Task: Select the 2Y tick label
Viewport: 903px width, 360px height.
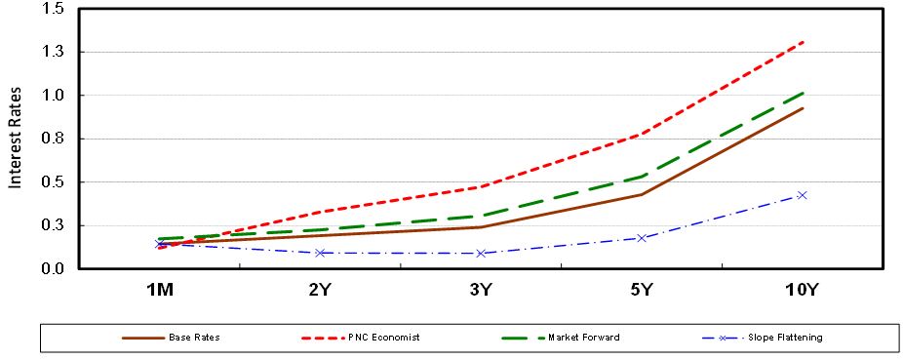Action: click(320, 290)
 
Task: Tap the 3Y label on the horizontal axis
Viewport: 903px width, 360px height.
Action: click(481, 290)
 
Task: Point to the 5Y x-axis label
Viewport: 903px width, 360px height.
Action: click(642, 290)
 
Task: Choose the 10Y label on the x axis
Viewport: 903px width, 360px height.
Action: click(802, 290)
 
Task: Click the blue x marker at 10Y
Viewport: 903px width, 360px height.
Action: click(802, 195)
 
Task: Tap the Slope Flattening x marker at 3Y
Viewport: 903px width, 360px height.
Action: click(481, 254)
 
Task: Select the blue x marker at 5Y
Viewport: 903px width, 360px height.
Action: click(642, 237)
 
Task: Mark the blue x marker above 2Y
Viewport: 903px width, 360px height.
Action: click(320, 253)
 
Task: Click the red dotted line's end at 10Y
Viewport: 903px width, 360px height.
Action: click(802, 42)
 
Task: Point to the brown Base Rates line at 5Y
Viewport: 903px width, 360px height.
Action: click(642, 194)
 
